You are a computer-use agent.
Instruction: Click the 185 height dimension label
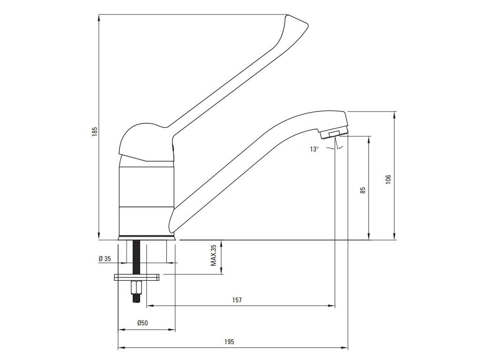[x=94, y=132]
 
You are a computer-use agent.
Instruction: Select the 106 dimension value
[x=388, y=179]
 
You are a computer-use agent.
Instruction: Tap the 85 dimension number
[x=363, y=190]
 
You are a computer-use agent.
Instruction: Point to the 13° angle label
[x=314, y=149]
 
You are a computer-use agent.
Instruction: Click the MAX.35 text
[x=214, y=255]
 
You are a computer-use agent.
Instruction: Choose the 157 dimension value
[x=237, y=300]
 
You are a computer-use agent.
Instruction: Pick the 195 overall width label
[x=229, y=342]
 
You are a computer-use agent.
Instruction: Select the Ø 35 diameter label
[x=105, y=259]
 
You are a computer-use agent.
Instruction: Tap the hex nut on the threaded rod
[x=136, y=286]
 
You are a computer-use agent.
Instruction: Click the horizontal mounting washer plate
[x=136, y=277]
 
